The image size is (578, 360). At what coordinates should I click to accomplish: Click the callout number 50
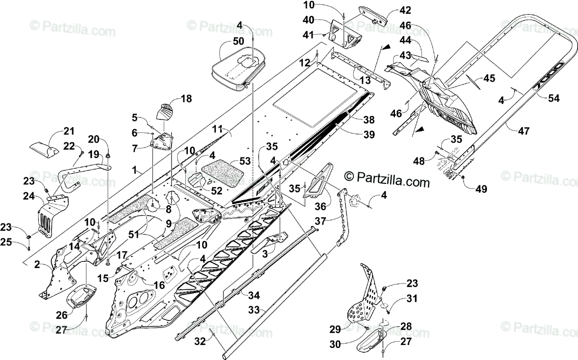(238, 41)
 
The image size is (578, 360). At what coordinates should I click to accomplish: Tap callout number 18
(186, 99)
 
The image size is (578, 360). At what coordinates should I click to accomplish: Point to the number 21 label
(70, 131)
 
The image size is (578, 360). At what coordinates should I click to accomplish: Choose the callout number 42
(405, 10)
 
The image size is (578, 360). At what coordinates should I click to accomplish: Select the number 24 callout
(28, 196)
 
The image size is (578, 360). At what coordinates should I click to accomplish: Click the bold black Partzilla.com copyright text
(387, 181)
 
